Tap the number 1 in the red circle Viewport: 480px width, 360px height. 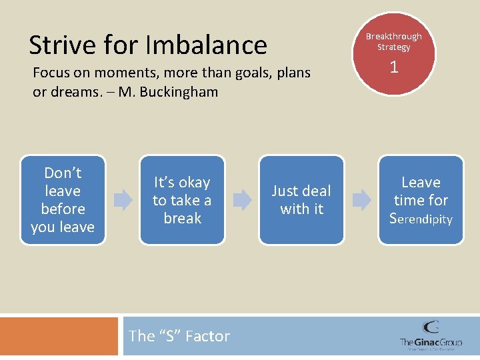(394, 67)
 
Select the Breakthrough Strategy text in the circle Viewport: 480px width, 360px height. (394, 41)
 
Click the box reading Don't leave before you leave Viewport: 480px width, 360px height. (63, 200)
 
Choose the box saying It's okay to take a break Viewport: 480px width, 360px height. (182, 200)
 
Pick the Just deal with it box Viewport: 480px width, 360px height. (301, 200)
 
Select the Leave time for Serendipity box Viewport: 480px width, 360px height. (421, 200)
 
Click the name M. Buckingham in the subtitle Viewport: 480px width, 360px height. (169, 92)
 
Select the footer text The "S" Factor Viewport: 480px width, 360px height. (179, 336)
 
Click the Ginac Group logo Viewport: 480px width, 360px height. (430, 335)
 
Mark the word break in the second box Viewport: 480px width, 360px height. (182, 218)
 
